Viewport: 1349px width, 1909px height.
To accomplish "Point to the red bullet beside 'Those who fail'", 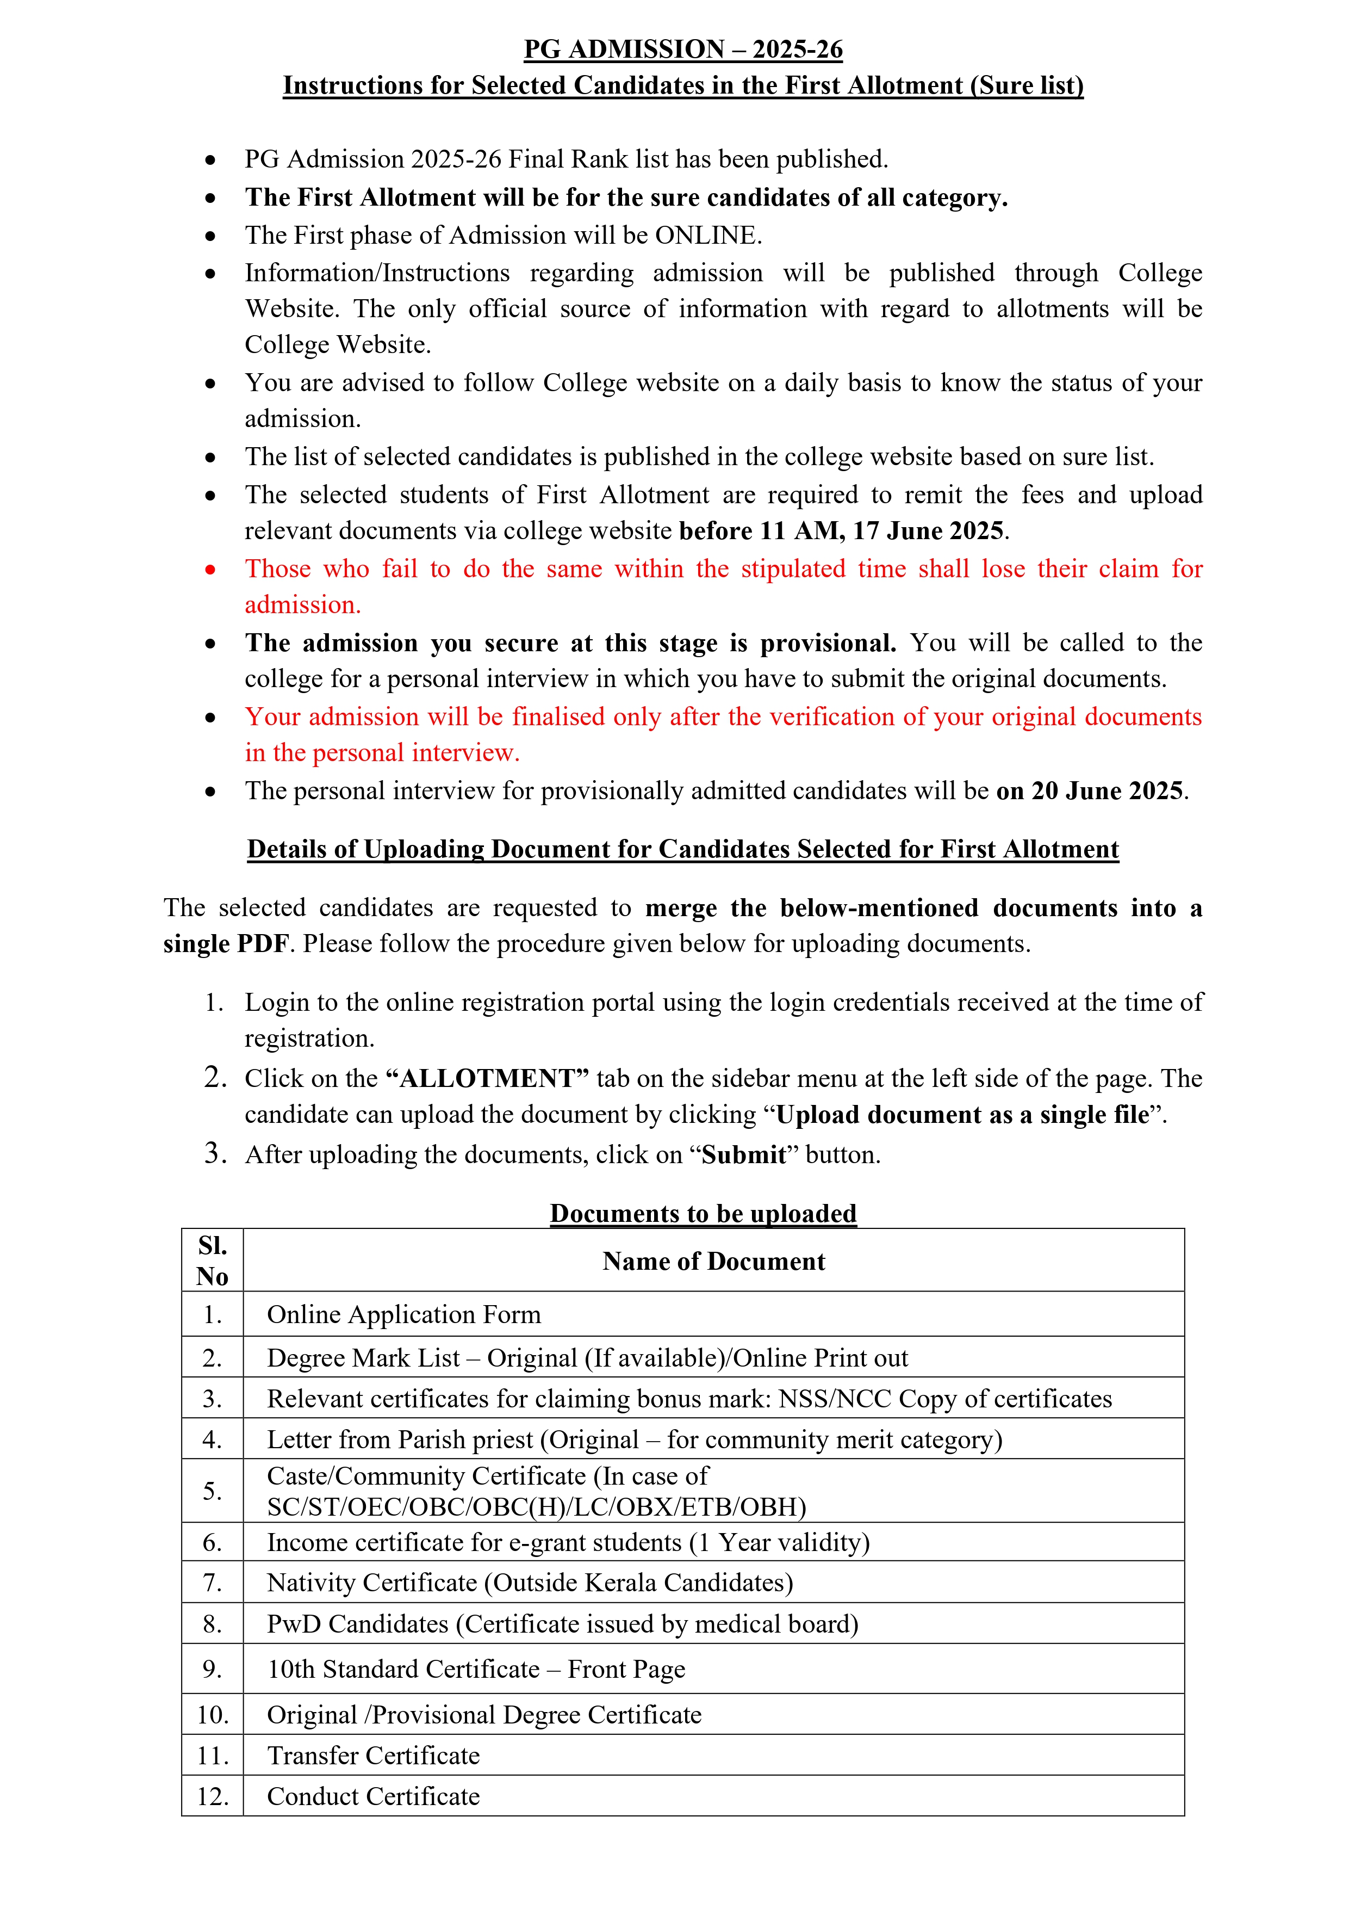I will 210,570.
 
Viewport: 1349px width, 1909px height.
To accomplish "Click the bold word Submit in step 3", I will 744,1155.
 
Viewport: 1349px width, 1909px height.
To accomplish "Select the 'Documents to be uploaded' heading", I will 703,1213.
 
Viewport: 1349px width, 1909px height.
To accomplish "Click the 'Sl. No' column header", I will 212,1261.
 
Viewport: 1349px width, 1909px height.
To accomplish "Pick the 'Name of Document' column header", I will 713,1261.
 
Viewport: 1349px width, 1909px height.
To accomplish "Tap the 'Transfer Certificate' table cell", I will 373,1755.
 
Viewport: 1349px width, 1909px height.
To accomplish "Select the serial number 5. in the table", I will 212,1491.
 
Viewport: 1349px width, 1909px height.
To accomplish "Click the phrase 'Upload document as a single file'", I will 962,1115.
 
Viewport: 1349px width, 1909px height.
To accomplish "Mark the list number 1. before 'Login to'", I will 214,1003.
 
